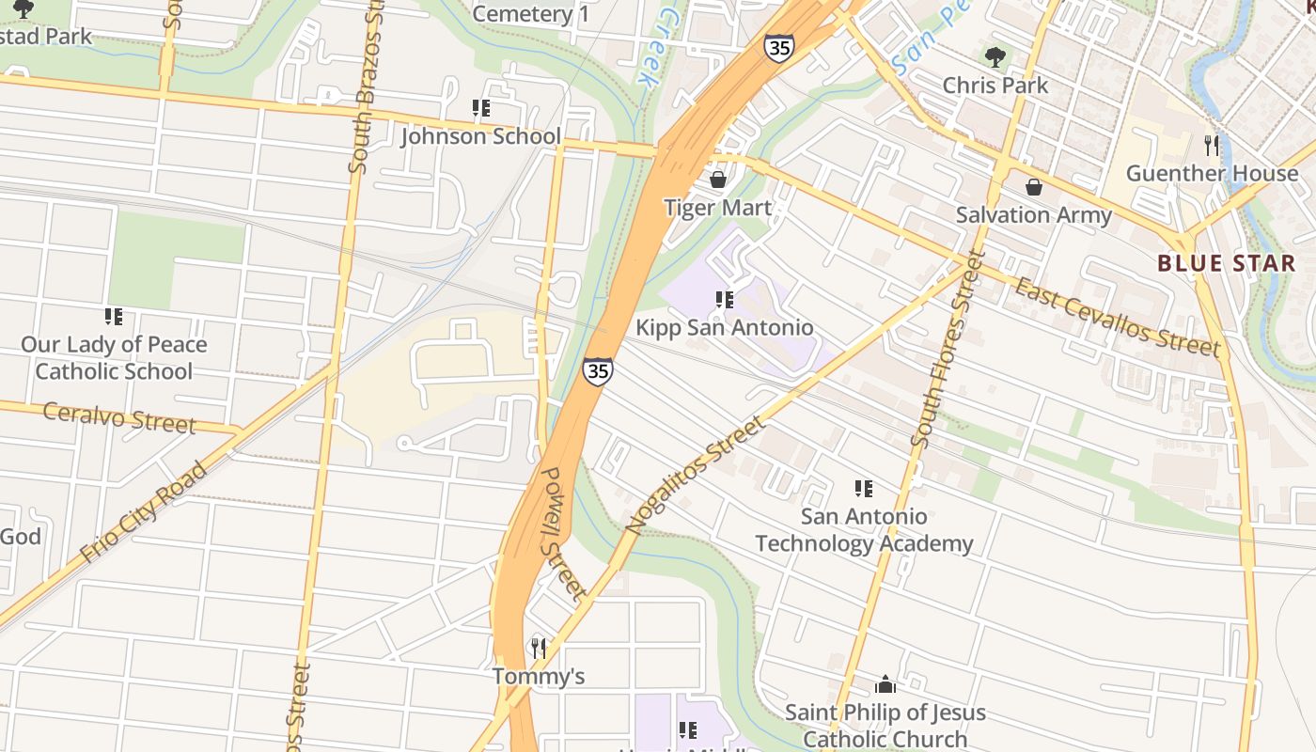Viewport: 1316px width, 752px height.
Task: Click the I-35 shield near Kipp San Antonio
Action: [x=597, y=370]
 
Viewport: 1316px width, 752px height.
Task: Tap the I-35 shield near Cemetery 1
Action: [x=778, y=48]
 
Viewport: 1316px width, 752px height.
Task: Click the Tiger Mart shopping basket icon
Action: [x=718, y=179]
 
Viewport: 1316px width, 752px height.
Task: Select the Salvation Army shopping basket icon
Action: [x=1034, y=187]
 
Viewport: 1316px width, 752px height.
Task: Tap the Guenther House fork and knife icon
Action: [x=1212, y=145]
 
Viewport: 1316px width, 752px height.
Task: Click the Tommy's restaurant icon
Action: [x=539, y=648]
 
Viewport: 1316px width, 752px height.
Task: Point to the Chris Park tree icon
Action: [x=995, y=56]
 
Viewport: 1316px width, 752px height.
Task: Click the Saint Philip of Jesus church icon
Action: [x=885, y=683]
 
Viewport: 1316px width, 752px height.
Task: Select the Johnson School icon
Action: [x=481, y=108]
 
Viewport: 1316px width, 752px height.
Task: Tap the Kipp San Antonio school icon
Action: [x=724, y=300]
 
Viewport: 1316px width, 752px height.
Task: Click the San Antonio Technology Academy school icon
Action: [x=863, y=488]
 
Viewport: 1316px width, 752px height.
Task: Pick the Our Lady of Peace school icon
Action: [x=114, y=317]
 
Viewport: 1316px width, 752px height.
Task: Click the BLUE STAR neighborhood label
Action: [x=1226, y=263]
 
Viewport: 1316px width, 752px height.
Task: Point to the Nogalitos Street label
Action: [x=696, y=477]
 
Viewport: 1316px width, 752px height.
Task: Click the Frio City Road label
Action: [x=143, y=512]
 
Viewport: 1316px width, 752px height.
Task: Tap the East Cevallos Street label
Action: [x=1117, y=317]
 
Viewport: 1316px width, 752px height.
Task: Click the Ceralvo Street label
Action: [x=119, y=417]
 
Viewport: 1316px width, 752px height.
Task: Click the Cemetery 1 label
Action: [x=531, y=13]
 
